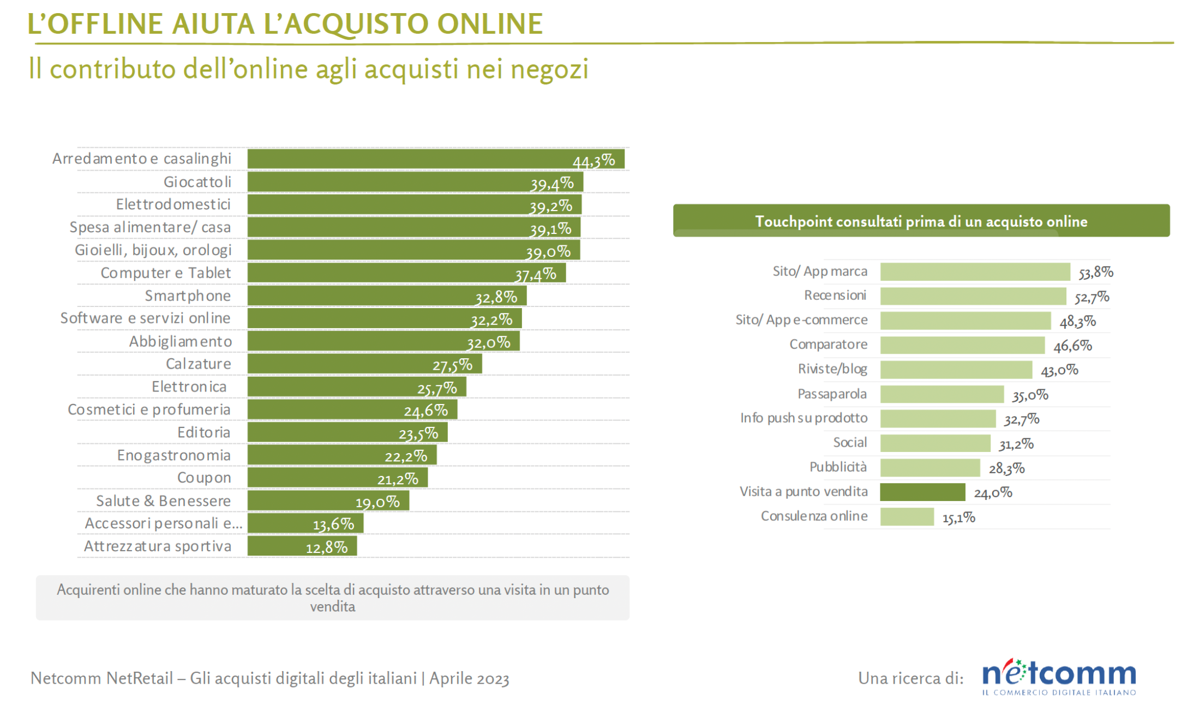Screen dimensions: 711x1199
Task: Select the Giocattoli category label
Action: [x=197, y=182]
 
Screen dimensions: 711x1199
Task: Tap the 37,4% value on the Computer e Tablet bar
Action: [x=536, y=274]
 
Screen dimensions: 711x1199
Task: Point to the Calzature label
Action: [x=199, y=364]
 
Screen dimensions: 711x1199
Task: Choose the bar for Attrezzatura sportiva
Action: [x=302, y=546]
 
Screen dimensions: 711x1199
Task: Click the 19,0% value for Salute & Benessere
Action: [x=377, y=502]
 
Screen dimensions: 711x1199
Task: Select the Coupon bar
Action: [x=337, y=478]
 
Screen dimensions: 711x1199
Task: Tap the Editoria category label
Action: [x=204, y=432]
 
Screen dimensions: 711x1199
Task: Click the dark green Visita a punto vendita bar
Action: [x=922, y=492]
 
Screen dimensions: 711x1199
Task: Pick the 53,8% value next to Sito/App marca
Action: [x=1095, y=273]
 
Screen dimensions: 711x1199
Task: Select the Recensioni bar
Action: [x=973, y=296]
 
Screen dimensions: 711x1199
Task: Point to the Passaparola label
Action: [x=832, y=394]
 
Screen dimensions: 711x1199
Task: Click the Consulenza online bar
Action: [x=907, y=517]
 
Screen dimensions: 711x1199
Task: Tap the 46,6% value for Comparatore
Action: [x=1072, y=346]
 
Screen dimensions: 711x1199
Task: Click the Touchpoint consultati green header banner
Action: [x=921, y=221]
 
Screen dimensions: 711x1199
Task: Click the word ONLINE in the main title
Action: [x=490, y=24]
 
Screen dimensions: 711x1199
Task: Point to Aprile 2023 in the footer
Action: [x=469, y=678]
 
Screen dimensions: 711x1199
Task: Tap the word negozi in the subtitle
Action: [x=549, y=69]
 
